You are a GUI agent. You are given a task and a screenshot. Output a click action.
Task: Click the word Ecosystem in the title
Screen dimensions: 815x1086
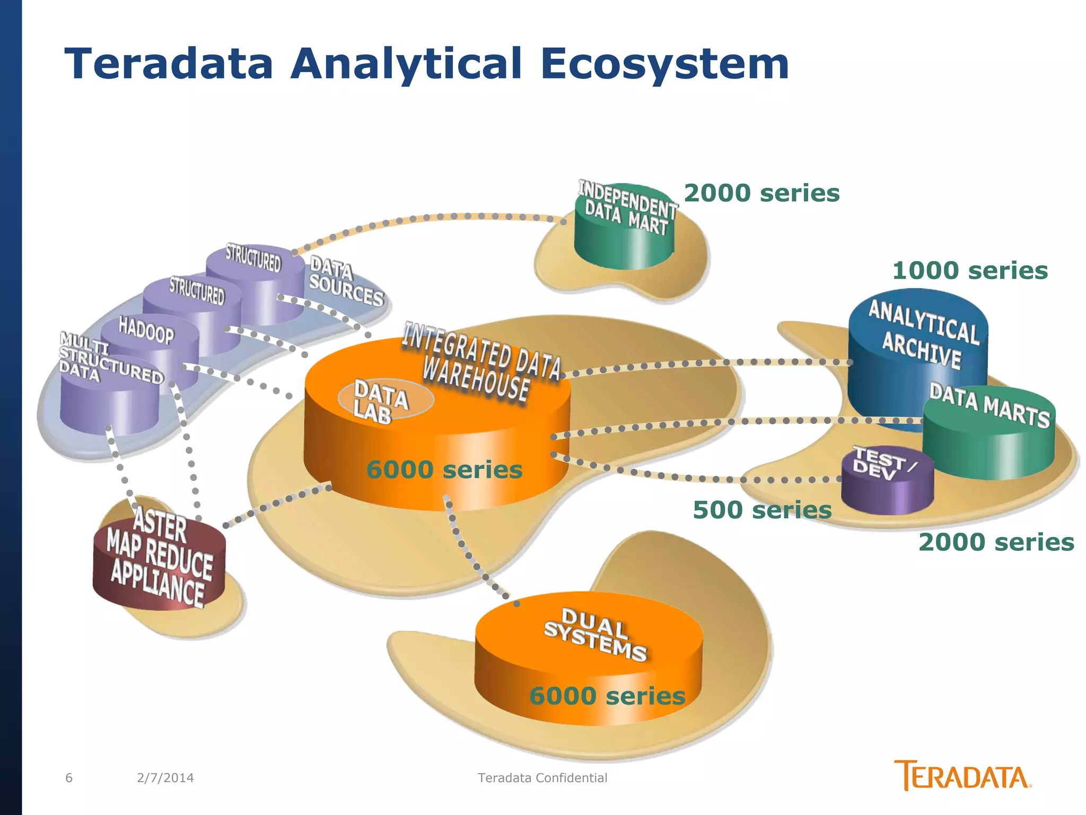click(x=664, y=64)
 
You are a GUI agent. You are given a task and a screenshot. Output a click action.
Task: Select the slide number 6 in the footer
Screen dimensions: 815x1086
click(x=69, y=778)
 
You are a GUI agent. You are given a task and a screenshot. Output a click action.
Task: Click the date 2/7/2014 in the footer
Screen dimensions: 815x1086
click(x=165, y=778)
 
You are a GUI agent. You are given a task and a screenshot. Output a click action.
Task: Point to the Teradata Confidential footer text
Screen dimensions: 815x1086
click(x=542, y=778)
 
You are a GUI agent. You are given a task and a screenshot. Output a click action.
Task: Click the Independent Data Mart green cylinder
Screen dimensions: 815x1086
click(x=625, y=239)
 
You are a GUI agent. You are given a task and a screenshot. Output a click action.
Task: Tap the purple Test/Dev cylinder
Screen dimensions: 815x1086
click(x=887, y=485)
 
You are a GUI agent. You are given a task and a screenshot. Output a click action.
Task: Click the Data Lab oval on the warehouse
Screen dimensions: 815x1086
click(x=386, y=399)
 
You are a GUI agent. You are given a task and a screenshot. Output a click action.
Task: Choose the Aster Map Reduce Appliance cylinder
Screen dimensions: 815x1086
click(x=159, y=562)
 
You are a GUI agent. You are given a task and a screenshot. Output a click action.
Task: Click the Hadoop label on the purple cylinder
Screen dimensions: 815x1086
click(x=146, y=331)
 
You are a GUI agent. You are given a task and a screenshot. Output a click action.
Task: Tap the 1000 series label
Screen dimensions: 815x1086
click(x=970, y=271)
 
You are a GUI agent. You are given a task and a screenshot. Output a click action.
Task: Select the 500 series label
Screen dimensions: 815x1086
click(x=762, y=510)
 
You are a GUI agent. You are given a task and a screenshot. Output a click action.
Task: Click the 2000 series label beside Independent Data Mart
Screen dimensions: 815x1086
click(x=761, y=193)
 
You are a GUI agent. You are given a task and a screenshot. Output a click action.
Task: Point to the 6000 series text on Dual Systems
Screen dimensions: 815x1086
click(x=607, y=696)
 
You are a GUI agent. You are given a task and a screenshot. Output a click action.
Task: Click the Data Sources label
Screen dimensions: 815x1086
click(x=346, y=282)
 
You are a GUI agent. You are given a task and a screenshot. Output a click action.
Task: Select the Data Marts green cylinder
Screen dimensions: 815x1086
click(x=989, y=440)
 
